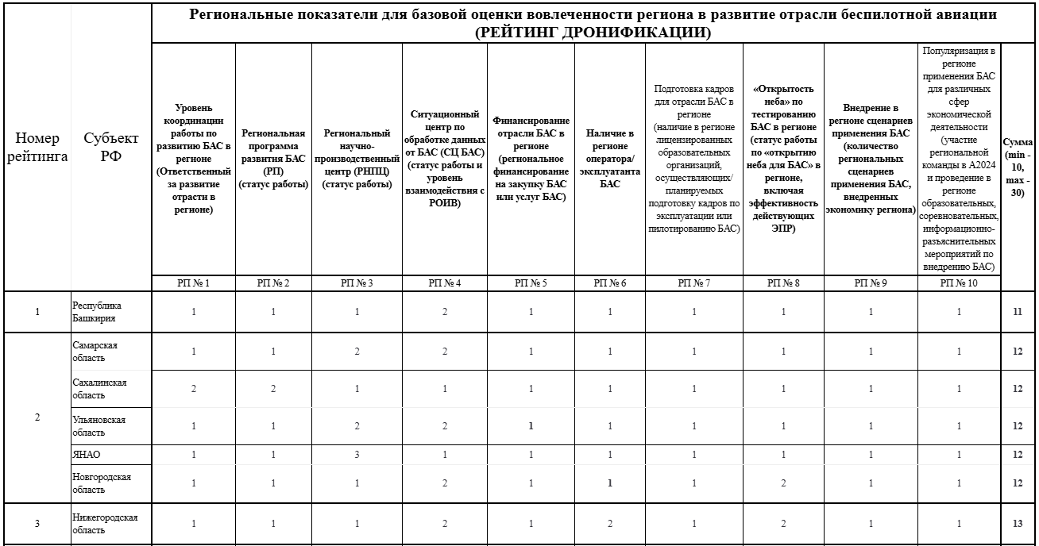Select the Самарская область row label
94,352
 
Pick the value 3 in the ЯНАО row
357,455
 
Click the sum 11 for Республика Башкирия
1017,312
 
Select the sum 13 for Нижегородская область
1017,523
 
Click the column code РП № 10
960,283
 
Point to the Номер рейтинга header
37,147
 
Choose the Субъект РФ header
111,147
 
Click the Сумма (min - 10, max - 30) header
1018,167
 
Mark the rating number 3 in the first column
37,523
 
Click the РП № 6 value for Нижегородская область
610,523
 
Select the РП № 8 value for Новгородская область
783,483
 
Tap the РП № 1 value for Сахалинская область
194,389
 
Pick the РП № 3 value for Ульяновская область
357,425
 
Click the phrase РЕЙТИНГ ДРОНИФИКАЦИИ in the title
592,33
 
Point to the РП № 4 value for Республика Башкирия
444,312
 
